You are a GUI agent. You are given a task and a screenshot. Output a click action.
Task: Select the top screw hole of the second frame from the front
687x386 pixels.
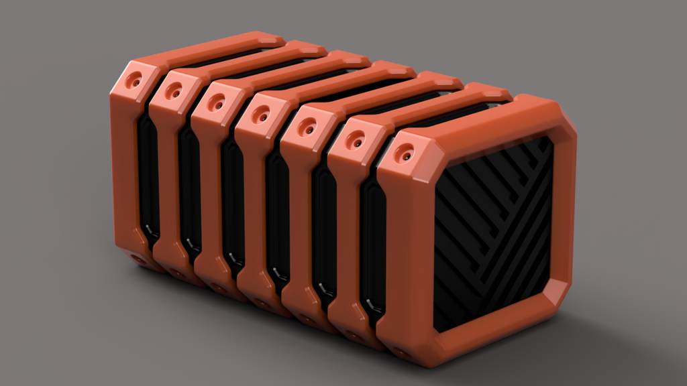355,140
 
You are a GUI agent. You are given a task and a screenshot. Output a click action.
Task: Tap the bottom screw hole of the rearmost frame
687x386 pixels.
138,257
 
